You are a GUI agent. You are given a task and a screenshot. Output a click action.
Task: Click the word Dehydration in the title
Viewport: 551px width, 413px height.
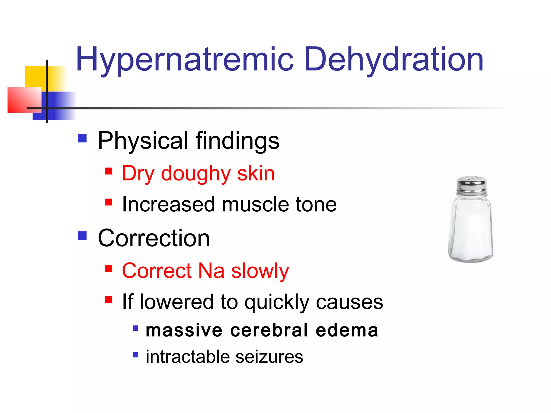tap(394, 60)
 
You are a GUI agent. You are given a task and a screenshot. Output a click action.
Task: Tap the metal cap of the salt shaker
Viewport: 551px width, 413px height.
tap(472, 186)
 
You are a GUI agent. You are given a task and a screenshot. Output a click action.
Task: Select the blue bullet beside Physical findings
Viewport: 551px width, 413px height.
tap(82, 138)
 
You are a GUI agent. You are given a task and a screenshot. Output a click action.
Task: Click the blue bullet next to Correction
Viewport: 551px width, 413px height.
tap(82, 236)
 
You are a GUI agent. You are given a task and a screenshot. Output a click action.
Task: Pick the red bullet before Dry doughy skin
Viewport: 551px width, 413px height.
tap(109, 171)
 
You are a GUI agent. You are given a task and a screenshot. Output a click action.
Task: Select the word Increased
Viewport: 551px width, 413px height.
tap(169, 204)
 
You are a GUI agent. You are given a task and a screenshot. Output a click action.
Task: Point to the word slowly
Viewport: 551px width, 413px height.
tap(260, 271)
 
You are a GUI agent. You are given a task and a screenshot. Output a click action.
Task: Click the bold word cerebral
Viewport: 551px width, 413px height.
tap(269, 330)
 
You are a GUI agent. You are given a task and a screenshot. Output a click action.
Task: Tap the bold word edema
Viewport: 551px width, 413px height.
tap(347, 330)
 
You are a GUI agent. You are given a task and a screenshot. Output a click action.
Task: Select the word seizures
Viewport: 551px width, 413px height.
tap(269, 357)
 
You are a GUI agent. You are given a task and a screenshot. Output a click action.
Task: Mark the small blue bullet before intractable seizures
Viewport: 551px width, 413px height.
tap(135, 355)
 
